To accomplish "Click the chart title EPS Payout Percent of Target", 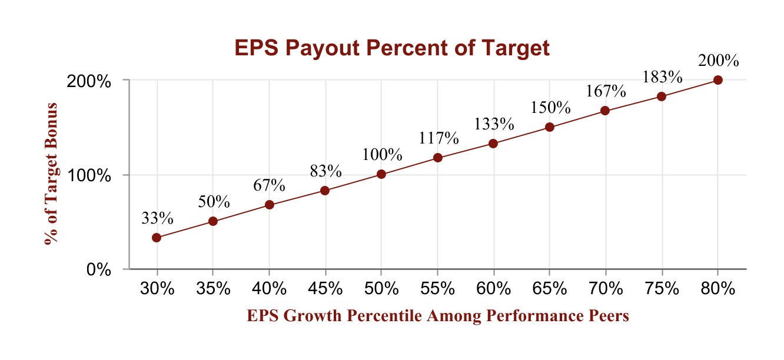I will coord(392,48).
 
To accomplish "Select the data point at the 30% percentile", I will coord(157,238).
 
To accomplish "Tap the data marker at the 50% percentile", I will coord(381,174).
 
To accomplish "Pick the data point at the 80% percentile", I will coord(717,80).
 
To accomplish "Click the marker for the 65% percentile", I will coord(549,127).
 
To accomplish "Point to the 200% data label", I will coord(717,61).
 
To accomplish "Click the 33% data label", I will coord(157,218).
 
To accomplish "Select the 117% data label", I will coord(438,138).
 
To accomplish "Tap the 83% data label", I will coord(325,171).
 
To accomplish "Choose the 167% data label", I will coord(605,92).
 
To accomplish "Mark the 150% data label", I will coord(550,108).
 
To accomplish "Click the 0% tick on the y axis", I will coord(99,270).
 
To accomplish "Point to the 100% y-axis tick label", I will coord(89,175).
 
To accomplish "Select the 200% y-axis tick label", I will coord(89,81).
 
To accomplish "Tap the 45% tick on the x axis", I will coord(325,289).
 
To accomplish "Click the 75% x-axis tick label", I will coord(662,289).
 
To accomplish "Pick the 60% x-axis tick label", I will coord(493,289).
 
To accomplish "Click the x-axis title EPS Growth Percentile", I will coord(438,316).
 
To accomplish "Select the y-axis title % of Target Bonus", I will coord(51,174).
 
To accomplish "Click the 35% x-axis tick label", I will coord(213,289).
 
